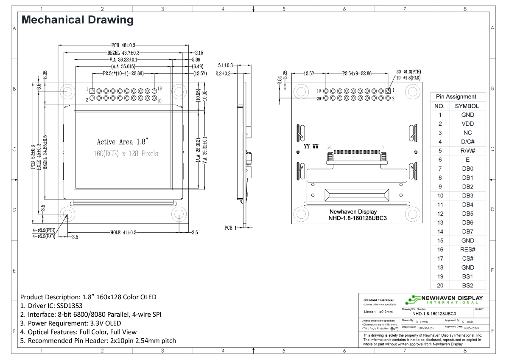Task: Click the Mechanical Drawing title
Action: (77, 20)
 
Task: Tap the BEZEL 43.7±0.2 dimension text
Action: (123, 53)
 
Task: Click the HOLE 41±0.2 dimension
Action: (123, 233)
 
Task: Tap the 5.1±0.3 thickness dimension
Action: (225, 65)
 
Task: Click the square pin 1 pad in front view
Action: (92, 91)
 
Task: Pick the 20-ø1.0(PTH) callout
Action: (408, 72)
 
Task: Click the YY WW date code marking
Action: (311, 147)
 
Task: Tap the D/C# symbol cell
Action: (467, 142)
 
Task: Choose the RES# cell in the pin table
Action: (467, 250)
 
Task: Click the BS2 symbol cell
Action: (467, 285)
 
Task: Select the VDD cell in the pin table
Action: (467, 124)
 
